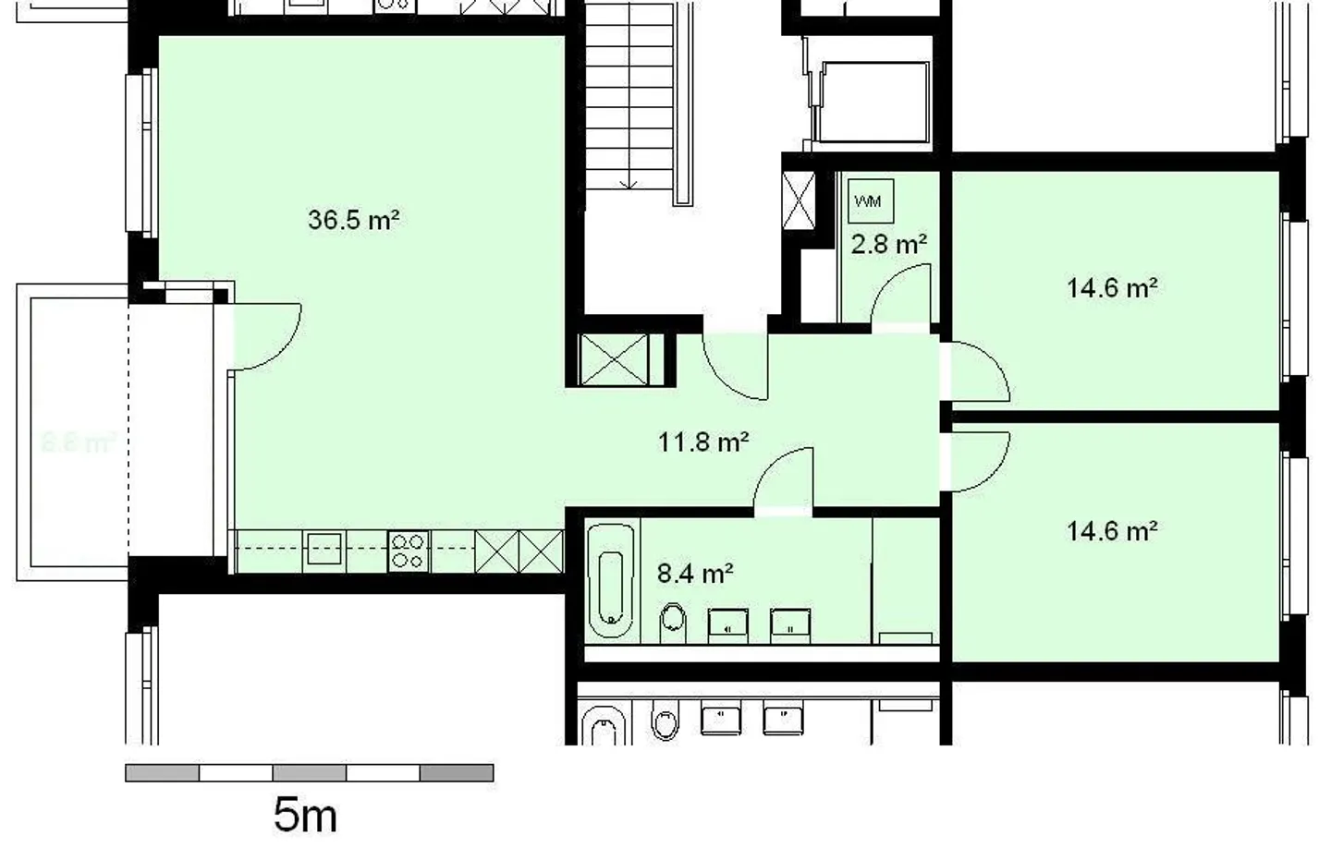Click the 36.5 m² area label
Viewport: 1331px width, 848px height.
coord(353,221)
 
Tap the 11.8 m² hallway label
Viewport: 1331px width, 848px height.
coord(702,442)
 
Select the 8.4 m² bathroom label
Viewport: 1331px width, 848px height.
coord(695,575)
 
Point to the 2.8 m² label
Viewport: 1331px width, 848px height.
coord(888,245)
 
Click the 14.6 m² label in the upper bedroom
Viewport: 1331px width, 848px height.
coord(1112,288)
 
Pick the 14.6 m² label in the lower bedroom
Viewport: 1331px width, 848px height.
coord(1112,531)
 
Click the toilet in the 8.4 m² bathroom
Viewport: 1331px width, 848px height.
coord(674,623)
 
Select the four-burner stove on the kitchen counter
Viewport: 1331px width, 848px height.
coord(408,551)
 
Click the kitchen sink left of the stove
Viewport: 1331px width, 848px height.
coord(324,550)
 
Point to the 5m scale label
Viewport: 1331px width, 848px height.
coord(305,816)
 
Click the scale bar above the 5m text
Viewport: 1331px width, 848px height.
coord(309,772)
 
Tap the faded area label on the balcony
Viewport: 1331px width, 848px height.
coord(78,442)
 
